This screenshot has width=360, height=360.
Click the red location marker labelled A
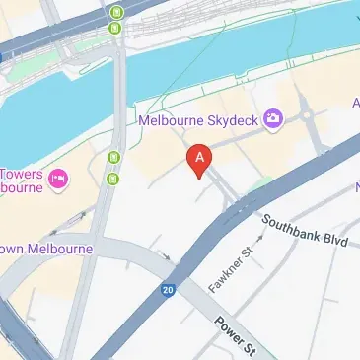[200, 161]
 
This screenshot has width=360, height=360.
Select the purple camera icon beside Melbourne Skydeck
[273, 120]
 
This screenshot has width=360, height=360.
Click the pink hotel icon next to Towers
[58, 179]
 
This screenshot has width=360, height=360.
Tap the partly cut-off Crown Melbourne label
[45, 249]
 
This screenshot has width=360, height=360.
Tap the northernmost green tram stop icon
[117, 13]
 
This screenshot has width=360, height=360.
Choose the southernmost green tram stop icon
[115, 179]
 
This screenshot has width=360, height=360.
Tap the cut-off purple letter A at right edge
[355, 103]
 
